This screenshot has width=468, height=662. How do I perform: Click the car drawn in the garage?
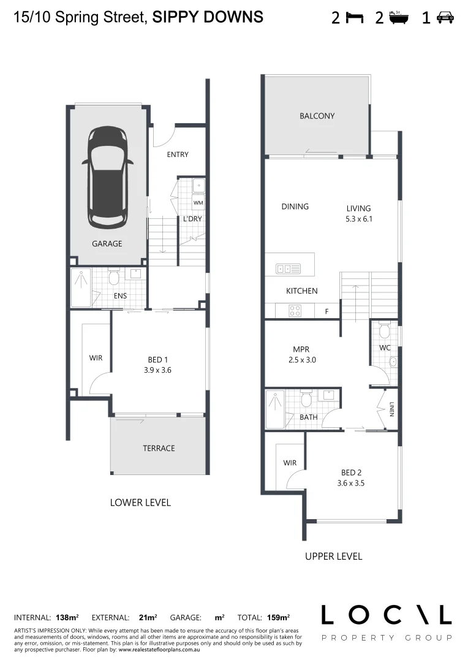click(x=108, y=177)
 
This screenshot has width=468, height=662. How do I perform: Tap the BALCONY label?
click(x=317, y=116)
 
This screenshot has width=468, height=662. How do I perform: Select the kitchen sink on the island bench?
click(x=288, y=268)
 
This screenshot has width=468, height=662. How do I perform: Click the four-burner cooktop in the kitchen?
click(x=295, y=311)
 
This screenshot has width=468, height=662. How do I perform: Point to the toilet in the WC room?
click(x=384, y=331)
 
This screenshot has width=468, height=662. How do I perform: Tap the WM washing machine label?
click(x=198, y=202)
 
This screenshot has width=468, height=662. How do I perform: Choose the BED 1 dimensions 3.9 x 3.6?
click(x=158, y=370)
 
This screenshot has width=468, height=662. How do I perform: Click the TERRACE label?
click(x=159, y=448)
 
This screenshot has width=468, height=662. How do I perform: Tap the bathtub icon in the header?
click(x=399, y=17)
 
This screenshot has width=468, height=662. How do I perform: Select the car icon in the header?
click(x=445, y=18)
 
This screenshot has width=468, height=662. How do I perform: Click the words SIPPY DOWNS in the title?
click(x=208, y=17)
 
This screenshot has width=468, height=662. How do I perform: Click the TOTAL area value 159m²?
click(x=278, y=618)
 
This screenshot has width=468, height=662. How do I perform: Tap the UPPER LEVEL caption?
click(x=333, y=557)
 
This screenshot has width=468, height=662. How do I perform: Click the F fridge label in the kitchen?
click(x=326, y=311)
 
